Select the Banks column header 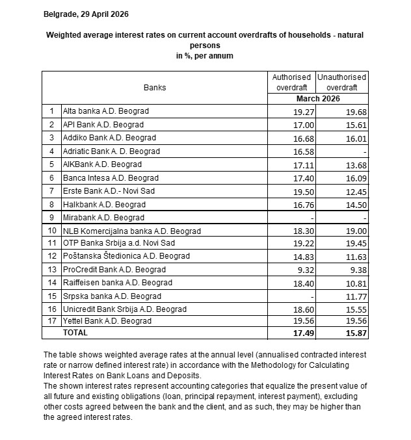pyautogui.click(x=155, y=87)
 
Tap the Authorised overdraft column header pyautogui.click(x=292, y=81)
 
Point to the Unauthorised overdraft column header pyautogui.click(x=341, y=81)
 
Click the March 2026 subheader pyautogui.click(x=317, y=98)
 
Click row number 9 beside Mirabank pyautogui.click(x=51, y=217)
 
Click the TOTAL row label pyautogui.click(x=75, y=332)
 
